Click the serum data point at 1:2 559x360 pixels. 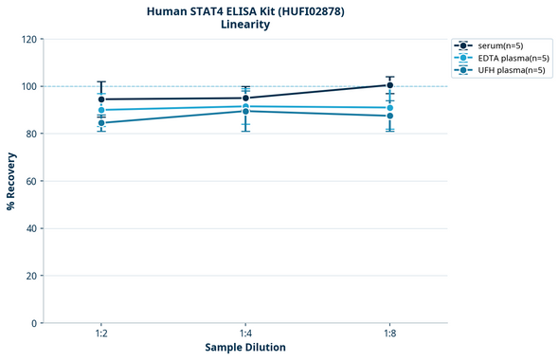coord(101,99)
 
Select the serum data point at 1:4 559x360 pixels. coord(245,98)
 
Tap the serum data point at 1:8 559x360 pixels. coord(390,85)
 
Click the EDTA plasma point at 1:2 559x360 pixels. coord(101,110)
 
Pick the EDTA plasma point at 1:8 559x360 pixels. coord(390,108)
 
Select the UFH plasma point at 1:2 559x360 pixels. coord(101,123)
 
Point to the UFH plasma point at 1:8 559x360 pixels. coord(390,116)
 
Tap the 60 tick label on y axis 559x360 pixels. coord(30,181)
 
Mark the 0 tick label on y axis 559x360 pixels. coord(33,323)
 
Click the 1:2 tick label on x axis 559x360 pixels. coord(101,334)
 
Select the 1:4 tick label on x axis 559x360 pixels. coord(245,334)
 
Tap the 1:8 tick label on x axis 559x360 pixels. coord(390,334)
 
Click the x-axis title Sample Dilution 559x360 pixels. coord(245,348)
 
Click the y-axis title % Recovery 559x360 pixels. coord(11,180)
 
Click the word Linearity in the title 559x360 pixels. coord(245,25)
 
